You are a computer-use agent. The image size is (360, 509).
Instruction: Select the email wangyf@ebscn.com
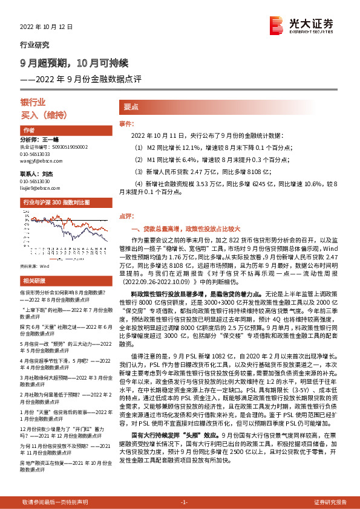tap(38, 161)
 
